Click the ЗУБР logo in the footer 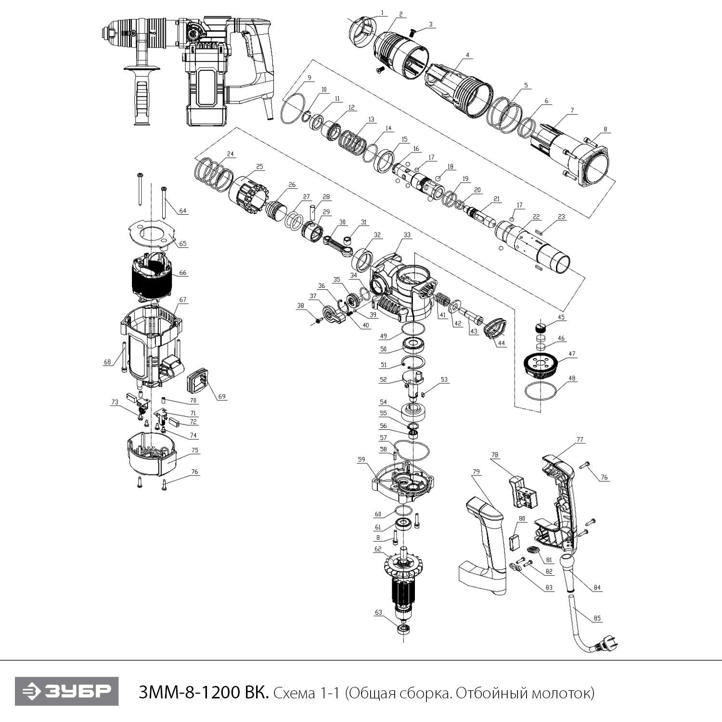pyautogui.click(x=66, y=692)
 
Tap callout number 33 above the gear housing pyautogui.click(x=407, y=235)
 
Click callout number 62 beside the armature pyautogui.click(x=378, y=548)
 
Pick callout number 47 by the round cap pyautogui.click(x=572, y=354)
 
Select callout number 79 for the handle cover pyautogui.click(x=476, y=472)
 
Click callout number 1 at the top pyautogui.click(x=382, y=12)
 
